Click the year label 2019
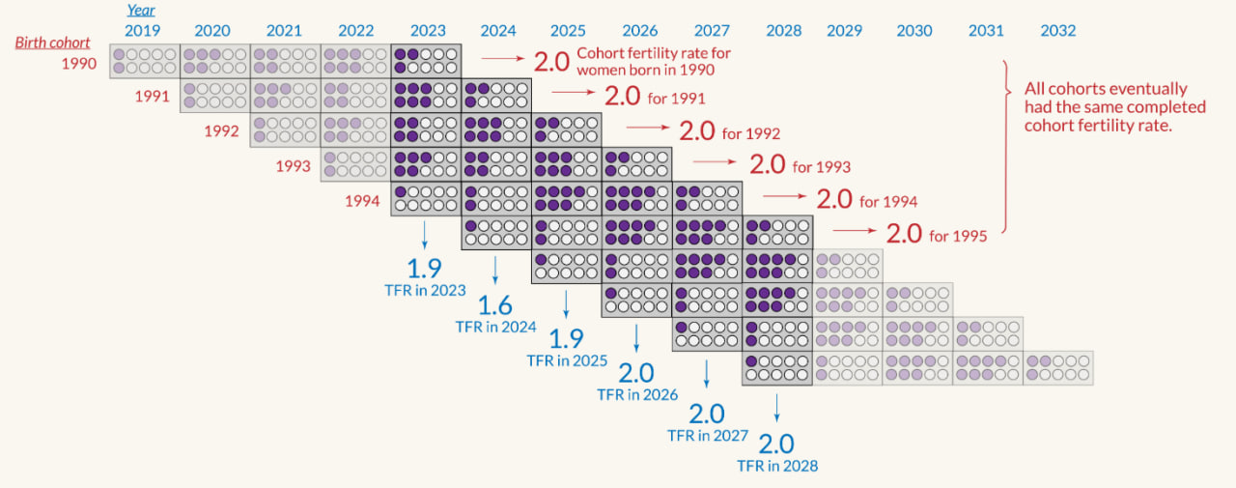(143, 31)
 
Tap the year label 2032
(1058, 31)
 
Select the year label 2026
(640, 31)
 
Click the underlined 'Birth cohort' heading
(53, 43)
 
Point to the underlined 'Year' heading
(142, 11)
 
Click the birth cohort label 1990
(79, 64)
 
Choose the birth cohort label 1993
(294, 166)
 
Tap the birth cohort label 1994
(363, 201)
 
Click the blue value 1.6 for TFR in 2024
(495, 306)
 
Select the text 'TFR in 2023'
(425, 290)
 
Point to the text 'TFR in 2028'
(777, 466)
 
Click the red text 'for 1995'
(958, 235)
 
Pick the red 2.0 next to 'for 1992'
(697, 130)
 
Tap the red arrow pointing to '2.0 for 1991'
(573, 94)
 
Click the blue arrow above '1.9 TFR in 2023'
(425, 235)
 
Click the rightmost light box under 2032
(1058, 368)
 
